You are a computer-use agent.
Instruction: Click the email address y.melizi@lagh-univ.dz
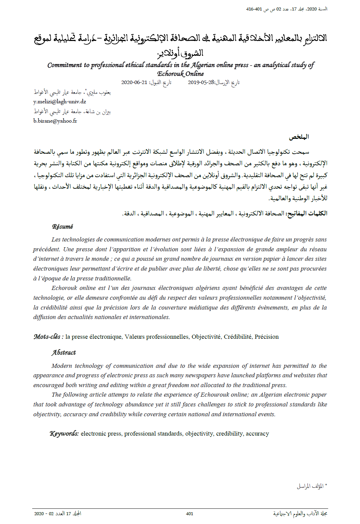click(60, 102)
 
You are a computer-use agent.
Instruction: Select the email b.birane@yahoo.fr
click(55, 121)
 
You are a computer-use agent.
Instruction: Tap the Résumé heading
click(62, 227)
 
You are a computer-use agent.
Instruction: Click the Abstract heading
click(64, 353)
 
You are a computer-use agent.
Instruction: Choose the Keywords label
click(64, 434)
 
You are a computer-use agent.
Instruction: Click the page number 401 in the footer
click(189, 513)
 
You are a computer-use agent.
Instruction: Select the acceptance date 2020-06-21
click(134, 82)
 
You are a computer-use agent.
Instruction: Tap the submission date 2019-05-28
click(201, 82)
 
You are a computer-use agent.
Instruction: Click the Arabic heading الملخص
click(299, 137)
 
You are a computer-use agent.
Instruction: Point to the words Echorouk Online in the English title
click(180, 74)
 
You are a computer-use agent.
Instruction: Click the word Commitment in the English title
click(64, 65)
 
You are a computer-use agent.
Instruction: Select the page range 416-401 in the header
click(254, 9)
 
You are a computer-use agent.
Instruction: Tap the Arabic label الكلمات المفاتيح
click(307, 213)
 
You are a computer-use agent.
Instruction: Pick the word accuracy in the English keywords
click(257, 434)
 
